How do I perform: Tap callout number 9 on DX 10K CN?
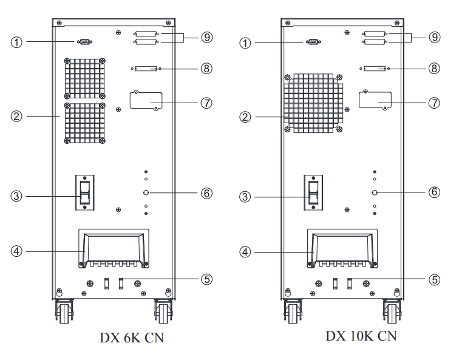tap(434, 38)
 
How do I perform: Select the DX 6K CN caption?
tap(132, 338)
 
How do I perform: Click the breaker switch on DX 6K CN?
tap(86, 192)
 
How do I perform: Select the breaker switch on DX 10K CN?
tap(314, 192)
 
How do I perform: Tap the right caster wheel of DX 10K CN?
tap(390, 310)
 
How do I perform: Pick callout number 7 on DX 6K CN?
tap(206, 103)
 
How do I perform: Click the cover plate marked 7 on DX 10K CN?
tap(375, 99)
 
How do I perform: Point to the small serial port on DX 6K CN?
tap(84, 42)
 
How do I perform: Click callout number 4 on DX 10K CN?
tap(245, 251)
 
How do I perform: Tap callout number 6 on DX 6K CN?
tap(206, 193)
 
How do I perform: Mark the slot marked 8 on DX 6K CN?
tap(146, 69)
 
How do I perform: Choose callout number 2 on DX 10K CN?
tap(245, 117)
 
